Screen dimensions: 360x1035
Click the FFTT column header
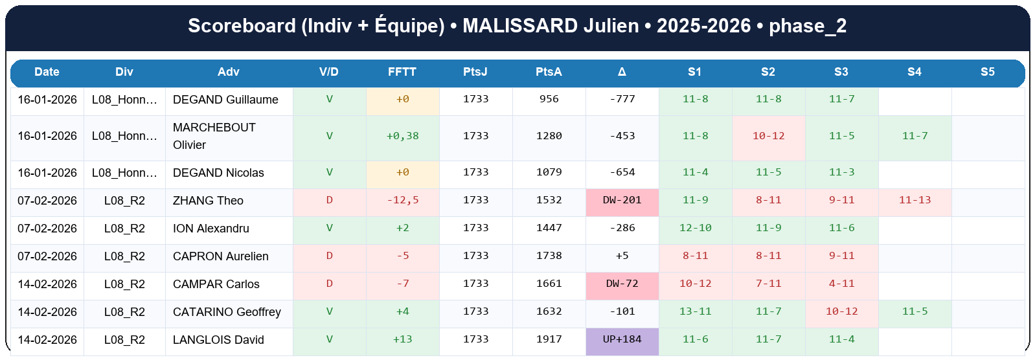(402, 72)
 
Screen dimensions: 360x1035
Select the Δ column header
(622, 72)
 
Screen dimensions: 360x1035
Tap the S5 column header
(987, 72)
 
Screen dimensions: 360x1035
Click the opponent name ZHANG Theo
(208, 201)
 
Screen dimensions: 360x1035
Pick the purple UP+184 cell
(622, 339)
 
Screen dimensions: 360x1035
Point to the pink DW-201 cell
(622, 200)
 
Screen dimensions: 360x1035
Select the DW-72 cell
(622, 284)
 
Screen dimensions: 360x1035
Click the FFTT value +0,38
(402, 136)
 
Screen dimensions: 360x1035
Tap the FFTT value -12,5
(402, 200)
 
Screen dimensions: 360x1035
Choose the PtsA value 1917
(549, 339)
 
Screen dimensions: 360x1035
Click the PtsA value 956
(549, 99)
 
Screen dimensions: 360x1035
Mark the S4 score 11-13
(915, 200)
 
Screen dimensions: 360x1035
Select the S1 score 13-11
(695, 311)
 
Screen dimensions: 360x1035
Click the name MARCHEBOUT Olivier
(214, 136)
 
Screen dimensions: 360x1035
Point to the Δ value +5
(622, 256)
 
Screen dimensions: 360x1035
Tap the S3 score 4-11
(841, 284)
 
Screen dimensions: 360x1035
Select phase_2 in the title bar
(807, 26)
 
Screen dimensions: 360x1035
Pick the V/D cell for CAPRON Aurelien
(329, 256)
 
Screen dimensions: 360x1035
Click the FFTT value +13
(402, 339)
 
